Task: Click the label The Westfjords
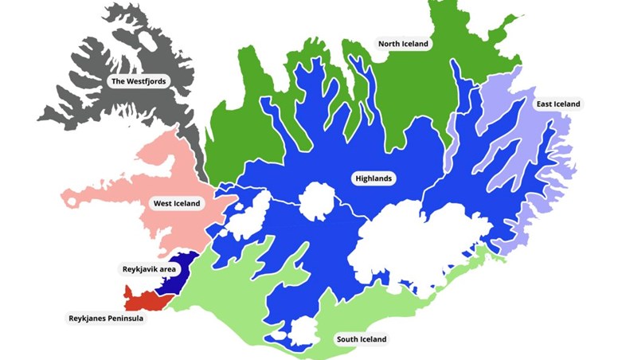(139, 81)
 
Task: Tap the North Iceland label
(403, 44)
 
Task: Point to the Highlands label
(373, 178)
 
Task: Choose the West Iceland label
(178, 203)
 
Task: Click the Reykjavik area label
(148, 269)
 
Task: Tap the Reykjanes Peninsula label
(105, 318)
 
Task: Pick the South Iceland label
(361, 339)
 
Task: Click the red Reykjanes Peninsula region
(146, 301)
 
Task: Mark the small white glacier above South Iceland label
(304, 331)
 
